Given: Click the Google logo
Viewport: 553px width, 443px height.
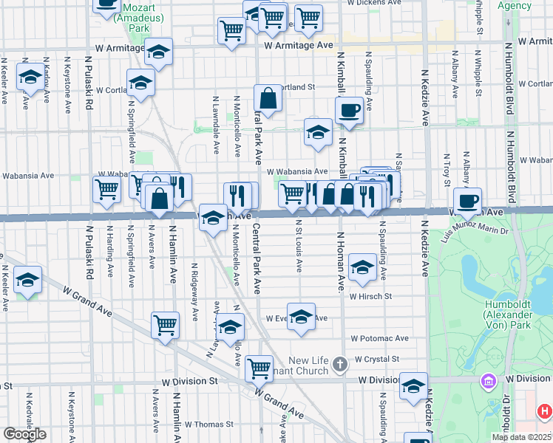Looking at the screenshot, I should pyautogui.click(x=24, y=434).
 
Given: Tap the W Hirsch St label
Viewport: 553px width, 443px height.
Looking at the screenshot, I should pyautogui.click(x=370, y=296).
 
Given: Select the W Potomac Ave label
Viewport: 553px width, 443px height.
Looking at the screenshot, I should pyautogui.click(x=379, y=338).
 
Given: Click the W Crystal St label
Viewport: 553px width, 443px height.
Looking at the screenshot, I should pyautogui.click(x=376, y=359).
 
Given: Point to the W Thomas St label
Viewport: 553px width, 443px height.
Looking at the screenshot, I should pyautogui.click(x=208, y=425).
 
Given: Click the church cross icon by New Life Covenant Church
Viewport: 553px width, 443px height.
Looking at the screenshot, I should pyautogui.click(x=339, y=363).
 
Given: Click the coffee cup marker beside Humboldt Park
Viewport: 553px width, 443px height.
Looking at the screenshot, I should pyautogui.click(x=467, y=200).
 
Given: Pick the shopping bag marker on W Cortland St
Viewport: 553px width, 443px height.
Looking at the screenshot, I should pyautogui.click(x=268, y=98).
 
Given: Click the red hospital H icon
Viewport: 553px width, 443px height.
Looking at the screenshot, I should pyautogui.click(x=543, y=411).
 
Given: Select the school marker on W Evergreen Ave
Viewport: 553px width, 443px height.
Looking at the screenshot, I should pyautogui.click(x=301, y=317).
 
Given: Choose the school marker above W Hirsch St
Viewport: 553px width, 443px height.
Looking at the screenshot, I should pyautogui.click(x=362, y=268).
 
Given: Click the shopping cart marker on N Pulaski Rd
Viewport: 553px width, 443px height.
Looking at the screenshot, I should pyautogui.click(x=107, y=189).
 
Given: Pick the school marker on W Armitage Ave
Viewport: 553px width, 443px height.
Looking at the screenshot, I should pyautogui.click(x=157, y=52).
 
